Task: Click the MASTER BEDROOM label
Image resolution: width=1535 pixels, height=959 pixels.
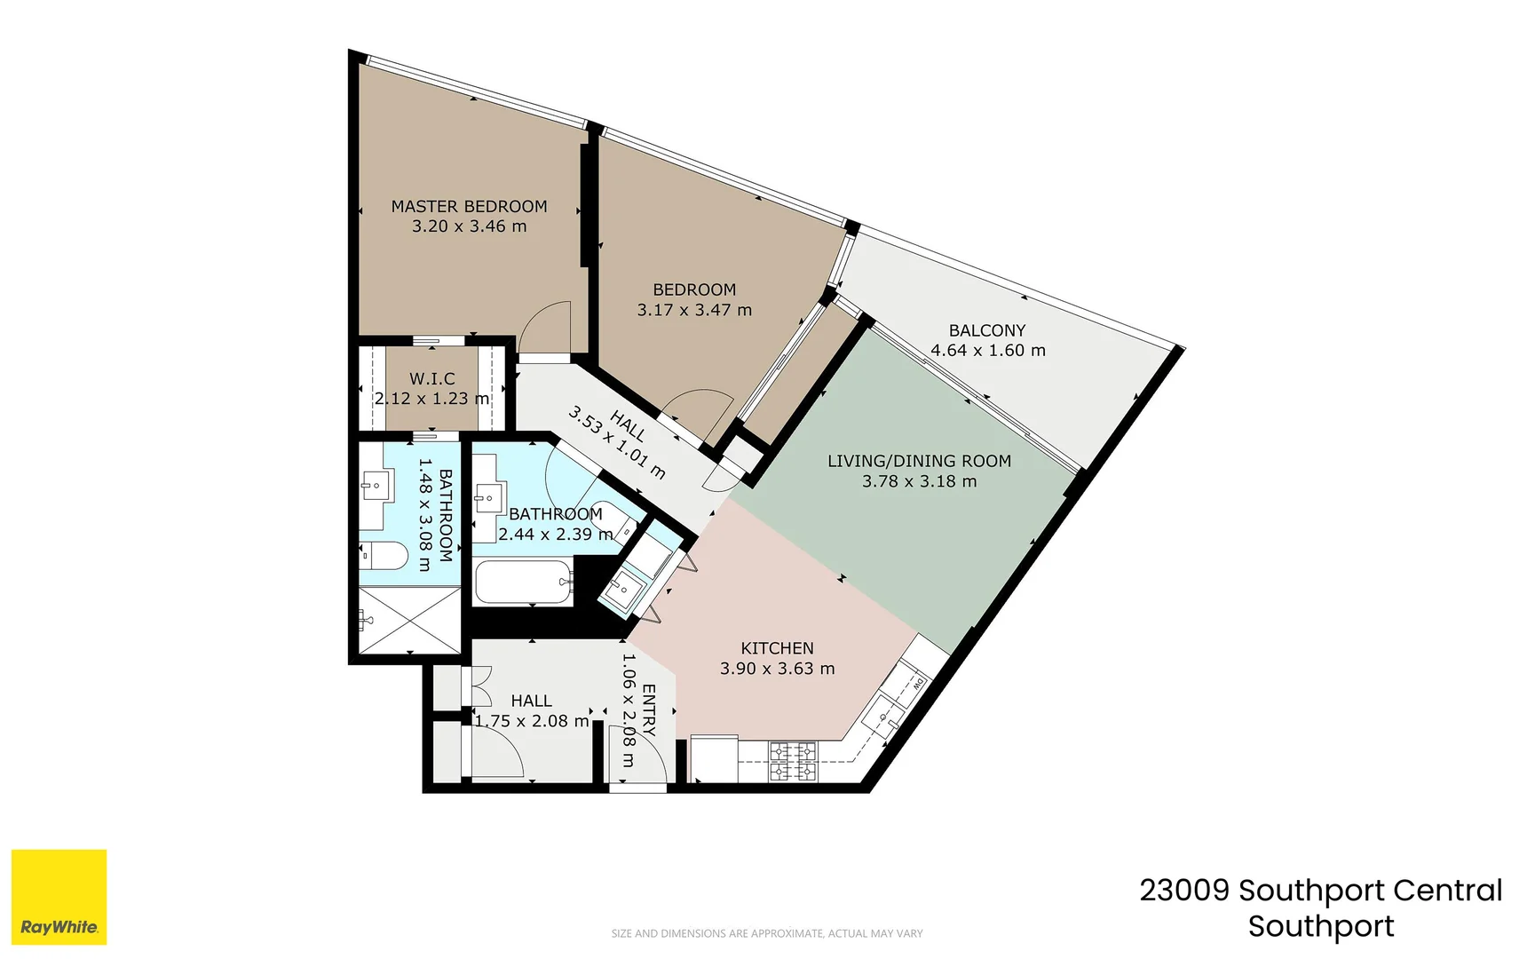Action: (469, 206)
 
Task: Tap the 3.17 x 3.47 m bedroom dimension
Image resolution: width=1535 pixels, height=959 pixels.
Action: (693, 310)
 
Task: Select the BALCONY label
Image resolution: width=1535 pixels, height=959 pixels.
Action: (986, 330)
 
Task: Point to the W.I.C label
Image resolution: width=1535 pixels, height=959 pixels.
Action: (431, 379)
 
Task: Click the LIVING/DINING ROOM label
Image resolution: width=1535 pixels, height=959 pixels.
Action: (919, 461)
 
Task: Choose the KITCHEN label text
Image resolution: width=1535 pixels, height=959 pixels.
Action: (777, 648)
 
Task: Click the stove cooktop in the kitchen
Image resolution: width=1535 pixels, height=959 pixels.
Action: (792, 762)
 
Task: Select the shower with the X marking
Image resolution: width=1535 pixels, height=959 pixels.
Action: (409, 619)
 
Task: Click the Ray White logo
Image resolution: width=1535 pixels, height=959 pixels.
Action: (59, 897)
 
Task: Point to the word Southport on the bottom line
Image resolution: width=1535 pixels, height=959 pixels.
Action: (1320, 926)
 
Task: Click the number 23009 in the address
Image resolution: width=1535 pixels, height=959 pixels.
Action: (1184, 890)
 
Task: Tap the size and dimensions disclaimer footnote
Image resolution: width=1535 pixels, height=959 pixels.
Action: (766, 933)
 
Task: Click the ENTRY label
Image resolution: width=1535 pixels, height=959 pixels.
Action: (648, 710)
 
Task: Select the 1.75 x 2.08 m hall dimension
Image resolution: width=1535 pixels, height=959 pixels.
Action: (531, 721)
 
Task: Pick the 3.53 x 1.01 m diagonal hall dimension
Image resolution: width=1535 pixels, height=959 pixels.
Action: (616, 443)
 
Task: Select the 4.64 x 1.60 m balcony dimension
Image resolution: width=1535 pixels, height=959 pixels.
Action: (987, 351)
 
